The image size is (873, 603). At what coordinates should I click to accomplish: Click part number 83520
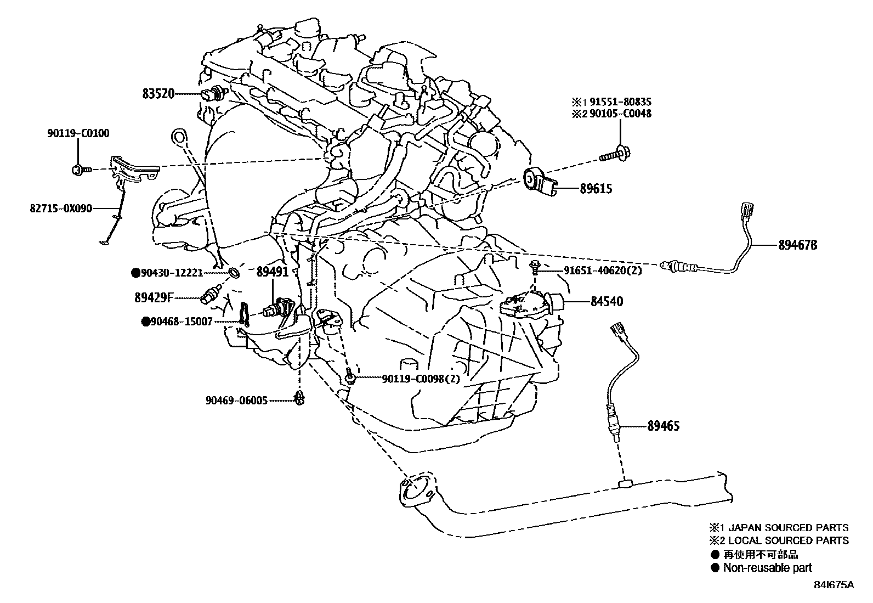158,94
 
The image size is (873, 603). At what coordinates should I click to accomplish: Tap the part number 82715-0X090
61,208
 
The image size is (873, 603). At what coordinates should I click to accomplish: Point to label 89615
596,189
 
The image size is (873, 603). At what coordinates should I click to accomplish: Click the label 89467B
797,245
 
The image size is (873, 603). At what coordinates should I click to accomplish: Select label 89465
663,426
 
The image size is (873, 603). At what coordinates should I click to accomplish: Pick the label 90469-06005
237,401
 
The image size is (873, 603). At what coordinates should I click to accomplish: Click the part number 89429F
154,298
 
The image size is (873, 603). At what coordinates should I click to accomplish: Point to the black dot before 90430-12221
135,272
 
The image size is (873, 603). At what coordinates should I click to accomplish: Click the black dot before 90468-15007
145,322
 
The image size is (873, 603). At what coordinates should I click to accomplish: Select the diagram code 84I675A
834,585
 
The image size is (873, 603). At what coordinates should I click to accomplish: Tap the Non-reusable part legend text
767,568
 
